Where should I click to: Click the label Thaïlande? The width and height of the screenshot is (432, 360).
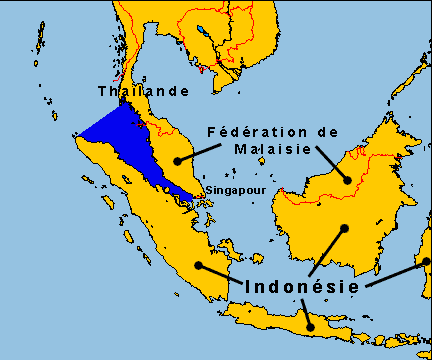143,91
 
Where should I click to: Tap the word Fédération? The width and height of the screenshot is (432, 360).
252,131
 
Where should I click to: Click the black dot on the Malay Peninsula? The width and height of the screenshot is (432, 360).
177,160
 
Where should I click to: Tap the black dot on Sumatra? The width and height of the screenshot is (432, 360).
199,265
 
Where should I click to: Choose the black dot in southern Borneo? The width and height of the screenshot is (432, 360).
344,228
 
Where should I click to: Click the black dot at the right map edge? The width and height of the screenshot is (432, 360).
426,262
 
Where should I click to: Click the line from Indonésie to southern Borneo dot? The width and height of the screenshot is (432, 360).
327,252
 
